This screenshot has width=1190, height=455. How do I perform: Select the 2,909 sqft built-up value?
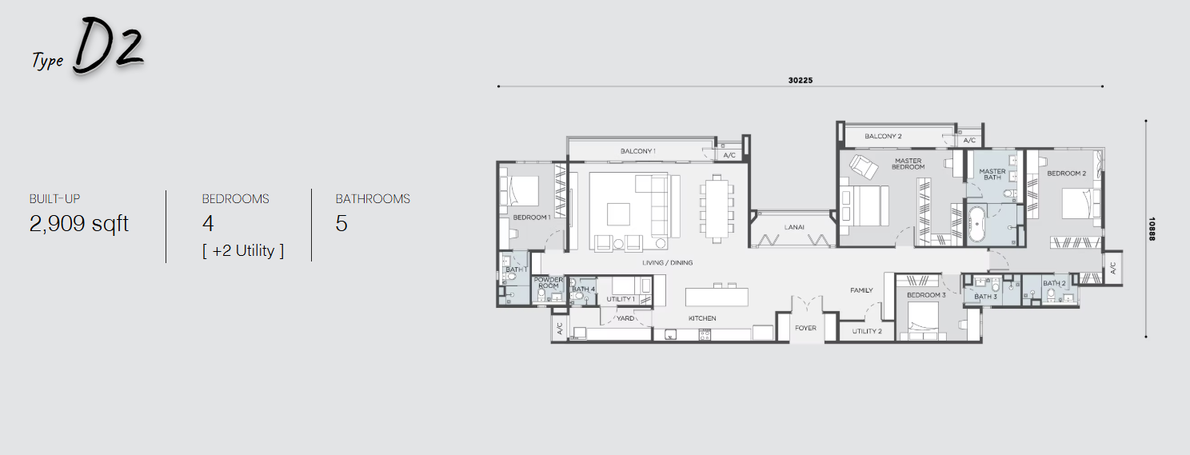tap(79, 224)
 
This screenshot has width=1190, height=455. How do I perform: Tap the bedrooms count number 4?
tap(208, 224)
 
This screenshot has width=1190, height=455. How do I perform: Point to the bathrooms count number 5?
tap(341, 224)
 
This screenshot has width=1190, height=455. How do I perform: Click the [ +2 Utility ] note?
tap(243, 250)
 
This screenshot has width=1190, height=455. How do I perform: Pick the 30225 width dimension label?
tap(800, 80)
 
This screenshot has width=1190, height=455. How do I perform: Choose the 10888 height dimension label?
tap(1152, 229)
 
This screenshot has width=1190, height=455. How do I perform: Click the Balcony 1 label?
tap(637, 151)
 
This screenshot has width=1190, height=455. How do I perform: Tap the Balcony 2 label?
tap(883, 137)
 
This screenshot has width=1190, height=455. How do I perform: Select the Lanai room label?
tap(794, 227)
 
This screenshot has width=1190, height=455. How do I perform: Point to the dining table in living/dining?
tap(717, 208)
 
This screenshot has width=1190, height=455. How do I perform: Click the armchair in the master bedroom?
tap(863, 166)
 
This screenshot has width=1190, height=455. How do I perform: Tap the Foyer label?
tap(805, 328)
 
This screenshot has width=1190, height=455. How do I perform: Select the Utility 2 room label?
tap(867, 331)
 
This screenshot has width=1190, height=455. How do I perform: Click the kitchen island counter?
tap(717, 297)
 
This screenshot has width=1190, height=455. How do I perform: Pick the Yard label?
tap(625, 318)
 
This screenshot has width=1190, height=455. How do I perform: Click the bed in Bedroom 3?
tap(927, 321)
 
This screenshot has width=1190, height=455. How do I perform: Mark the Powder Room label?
tap(549, 283)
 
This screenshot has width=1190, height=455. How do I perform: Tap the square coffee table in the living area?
tap(618, 214)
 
